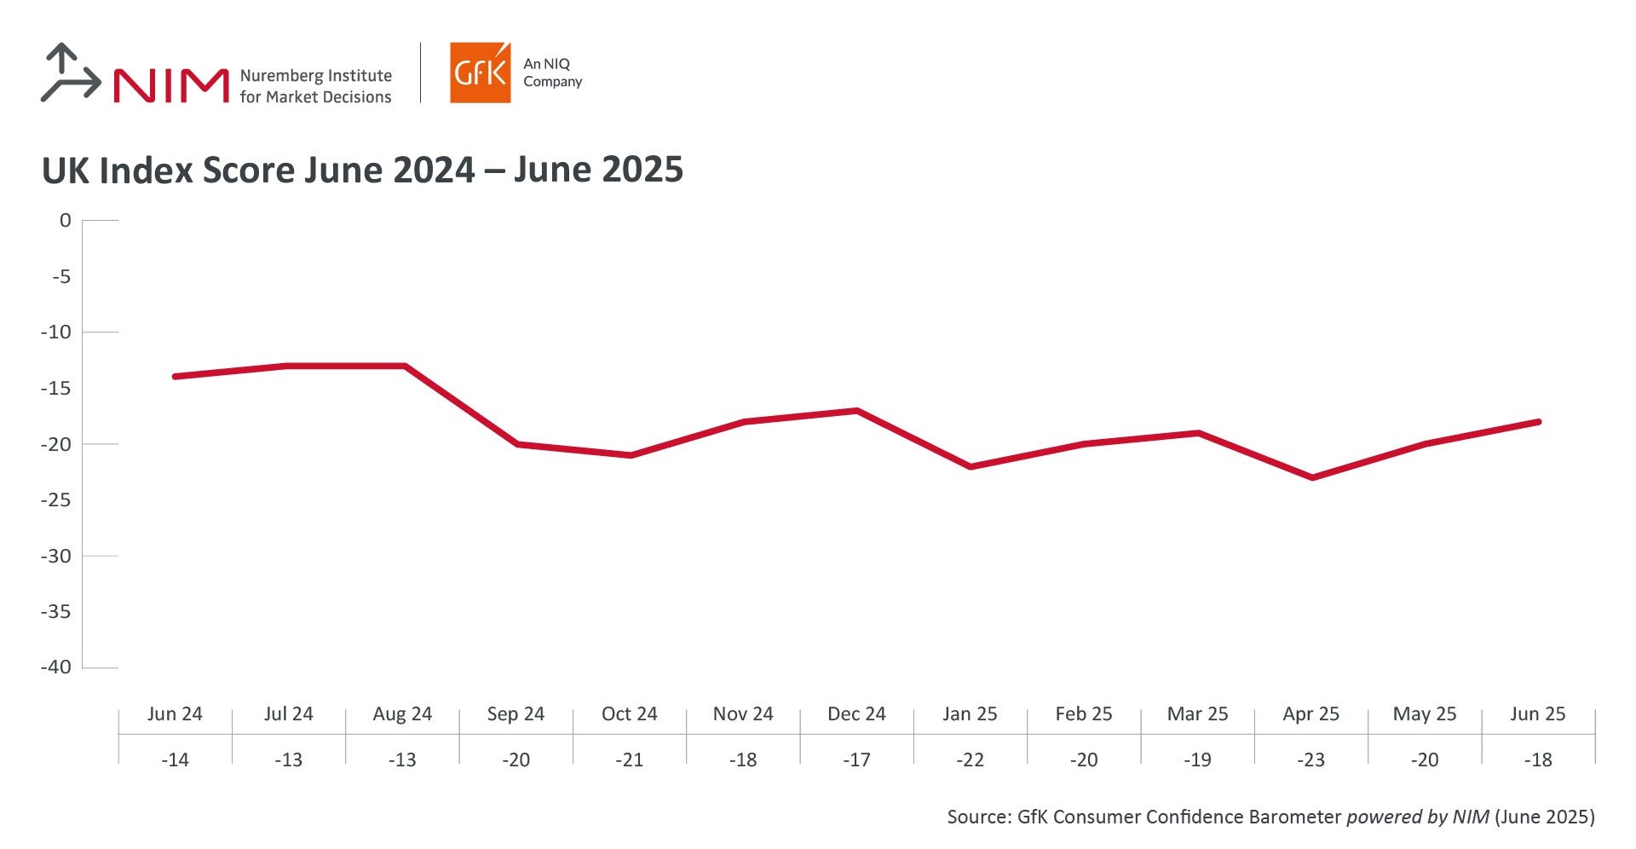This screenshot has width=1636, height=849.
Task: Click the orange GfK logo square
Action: coord(480,73)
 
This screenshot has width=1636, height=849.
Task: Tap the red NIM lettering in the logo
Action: coord(170,85)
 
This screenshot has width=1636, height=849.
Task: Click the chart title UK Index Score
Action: coord(362,170)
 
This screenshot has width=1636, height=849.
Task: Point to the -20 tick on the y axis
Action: coord(60,444)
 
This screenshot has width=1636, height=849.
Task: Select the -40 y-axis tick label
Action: coord(56,667)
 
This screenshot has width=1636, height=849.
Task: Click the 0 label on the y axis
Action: coord(66,221)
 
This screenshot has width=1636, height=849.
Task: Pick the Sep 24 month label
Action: coord(516,714)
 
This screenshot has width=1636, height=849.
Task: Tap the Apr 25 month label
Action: coord(1311,714)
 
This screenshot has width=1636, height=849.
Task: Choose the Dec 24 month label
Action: coord(856,714)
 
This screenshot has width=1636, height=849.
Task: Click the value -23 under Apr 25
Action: coord(1311,759)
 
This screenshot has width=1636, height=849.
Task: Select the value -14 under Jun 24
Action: coord(175,759)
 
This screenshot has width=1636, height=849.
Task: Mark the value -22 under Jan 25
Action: coord(970,759)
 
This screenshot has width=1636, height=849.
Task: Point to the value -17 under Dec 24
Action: coord(856,759)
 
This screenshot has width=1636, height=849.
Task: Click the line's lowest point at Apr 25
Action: coord(1311,477)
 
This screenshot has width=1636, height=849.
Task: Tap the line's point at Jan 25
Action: coord(971,466)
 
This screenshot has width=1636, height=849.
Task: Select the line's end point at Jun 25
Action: coord(1538,422)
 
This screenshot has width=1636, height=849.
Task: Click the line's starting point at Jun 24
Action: coord(175,376)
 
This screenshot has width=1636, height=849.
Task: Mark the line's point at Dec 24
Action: coord(856,411)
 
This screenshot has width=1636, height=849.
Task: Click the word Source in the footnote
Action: coord(978,817)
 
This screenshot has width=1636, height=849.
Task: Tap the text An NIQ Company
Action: coord(552,72)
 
